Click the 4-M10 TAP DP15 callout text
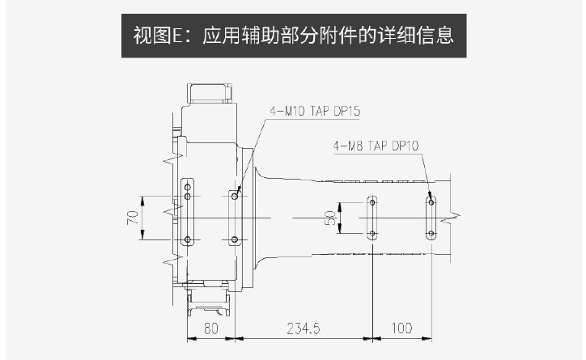point(315,111)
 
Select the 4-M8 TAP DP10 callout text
point(376,146)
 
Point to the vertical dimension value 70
point(133,218)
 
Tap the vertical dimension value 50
point(330,218)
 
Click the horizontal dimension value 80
point(210,328)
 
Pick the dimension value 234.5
point(304,328)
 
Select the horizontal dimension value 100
point(401,328)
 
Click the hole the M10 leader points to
point(235,196)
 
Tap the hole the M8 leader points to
point(431,202)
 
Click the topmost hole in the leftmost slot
point(188,187)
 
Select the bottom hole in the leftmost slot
point(188,239)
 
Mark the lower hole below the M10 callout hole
point(235,239)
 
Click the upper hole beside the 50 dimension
point(372,202)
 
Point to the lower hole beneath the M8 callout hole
point(431,234)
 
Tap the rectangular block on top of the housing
point(210,92)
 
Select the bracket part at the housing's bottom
point(209,298)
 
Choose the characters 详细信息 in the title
point(415,36)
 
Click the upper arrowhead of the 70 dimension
point(142,201)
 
